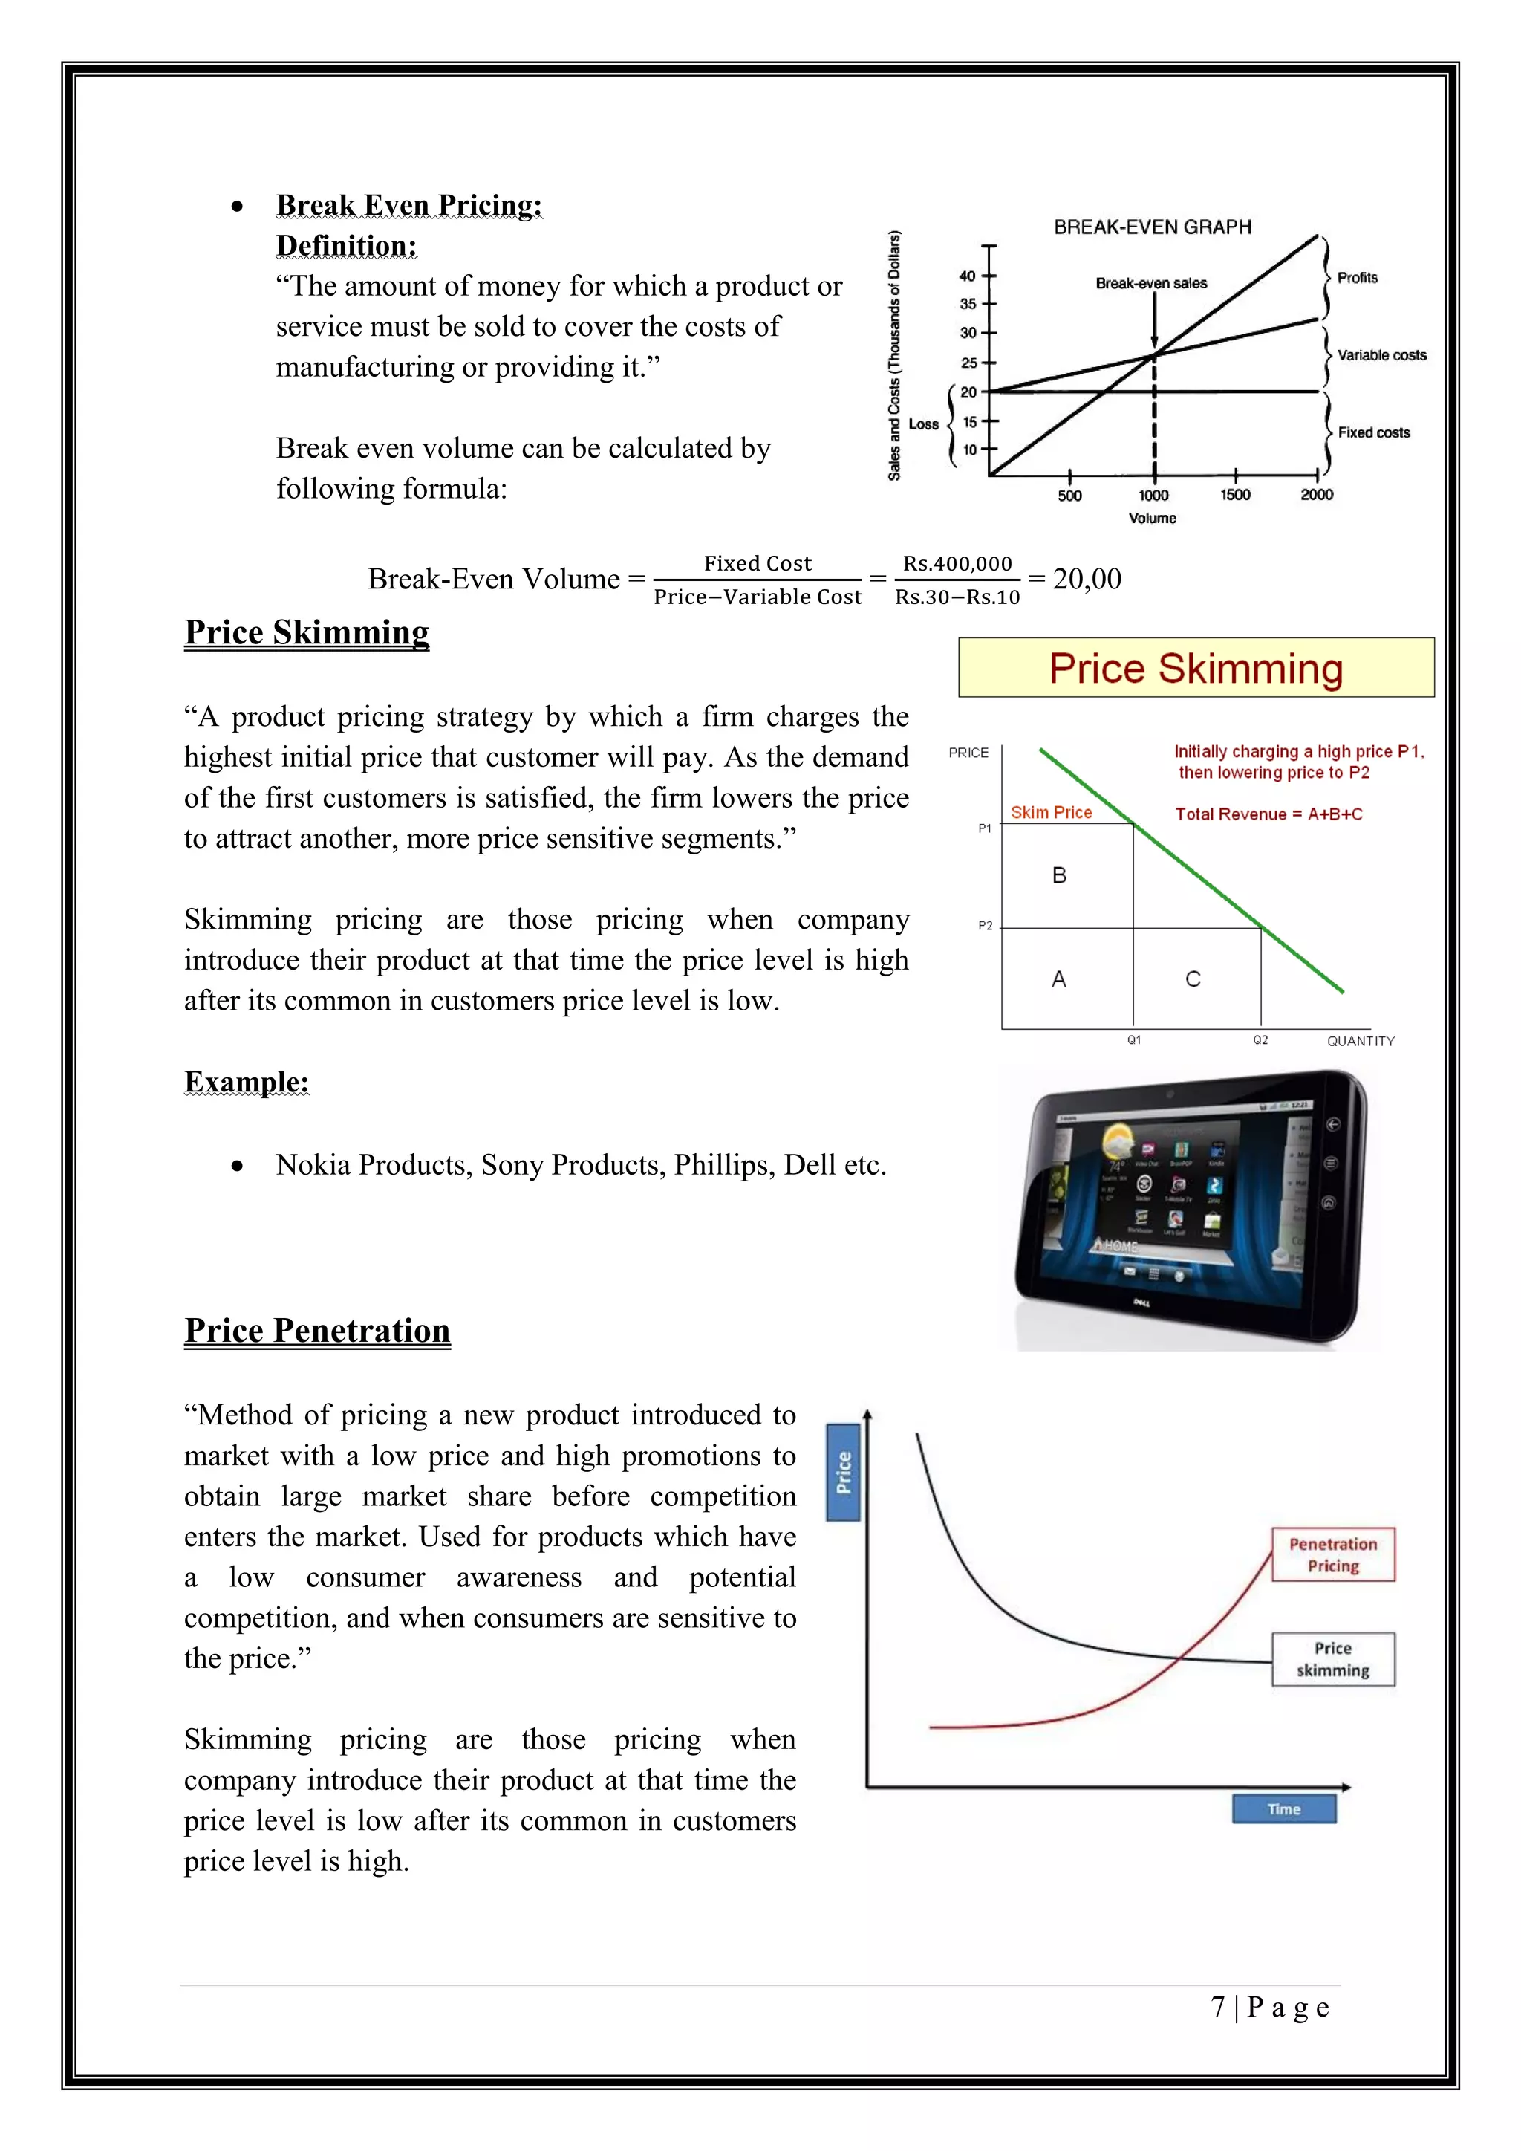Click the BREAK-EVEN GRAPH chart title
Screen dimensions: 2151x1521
click(1152, 227)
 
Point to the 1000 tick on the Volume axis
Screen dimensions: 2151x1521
click(1153, 495)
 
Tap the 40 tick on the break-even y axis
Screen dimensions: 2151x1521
click(968, 276)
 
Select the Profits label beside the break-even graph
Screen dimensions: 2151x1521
click(1357, 277)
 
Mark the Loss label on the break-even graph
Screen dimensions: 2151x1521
click(922, 424)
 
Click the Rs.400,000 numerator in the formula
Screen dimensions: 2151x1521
click(957, 563)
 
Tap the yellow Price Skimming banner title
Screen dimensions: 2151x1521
click(1195, 668)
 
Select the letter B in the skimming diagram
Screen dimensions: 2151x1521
click(1059, 875)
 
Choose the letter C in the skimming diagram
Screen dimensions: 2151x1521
click(1192, 979)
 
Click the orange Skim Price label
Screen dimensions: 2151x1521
click(1051, 812)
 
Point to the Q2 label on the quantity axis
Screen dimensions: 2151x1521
click(1260, 1040)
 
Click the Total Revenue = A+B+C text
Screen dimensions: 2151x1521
click(1268, 814)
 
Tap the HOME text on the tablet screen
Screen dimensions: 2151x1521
click(1120, 1246)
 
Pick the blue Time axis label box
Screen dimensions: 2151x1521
click(1283, 1808)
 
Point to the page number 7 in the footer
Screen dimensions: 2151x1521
click(1217, 2007)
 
